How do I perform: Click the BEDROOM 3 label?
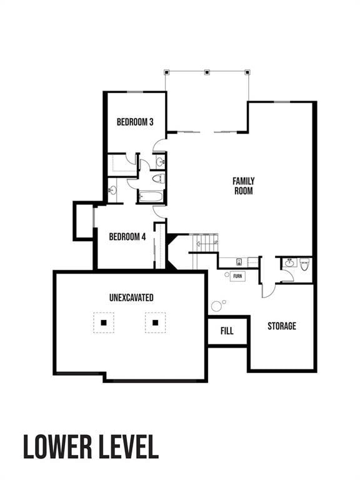click(135, 122)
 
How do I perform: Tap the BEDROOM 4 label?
click(127, 237)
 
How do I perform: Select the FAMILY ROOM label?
click(244, 186)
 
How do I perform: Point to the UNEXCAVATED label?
click(131, 298)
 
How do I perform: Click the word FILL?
click(227, 331)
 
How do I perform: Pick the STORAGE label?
click(282, 326)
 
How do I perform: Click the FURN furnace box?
click(237, 276)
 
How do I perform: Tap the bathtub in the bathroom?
click(151, 197)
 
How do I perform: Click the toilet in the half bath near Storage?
click(304, 264)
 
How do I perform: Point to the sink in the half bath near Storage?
click(289, 264)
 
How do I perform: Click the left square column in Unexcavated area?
click(104, 322)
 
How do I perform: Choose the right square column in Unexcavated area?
click(155, 322)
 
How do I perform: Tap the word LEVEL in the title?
click(127, 447)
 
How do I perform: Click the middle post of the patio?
click(207, 72)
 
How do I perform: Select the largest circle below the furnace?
click(217, 306)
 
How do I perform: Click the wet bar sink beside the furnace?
click(239, 262)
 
